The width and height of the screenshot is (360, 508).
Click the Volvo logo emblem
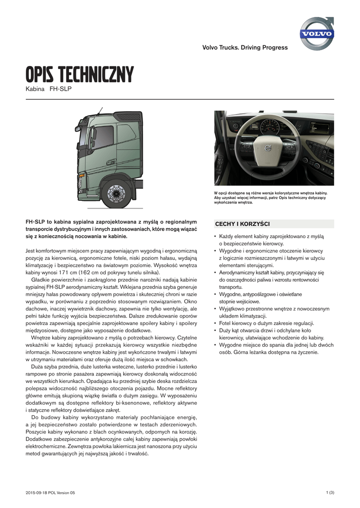317,33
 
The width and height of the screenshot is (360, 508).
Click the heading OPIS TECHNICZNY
79,75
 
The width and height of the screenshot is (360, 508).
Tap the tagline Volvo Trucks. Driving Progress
244,48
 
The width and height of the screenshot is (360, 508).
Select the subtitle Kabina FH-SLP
48,90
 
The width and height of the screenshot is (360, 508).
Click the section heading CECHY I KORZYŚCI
242,224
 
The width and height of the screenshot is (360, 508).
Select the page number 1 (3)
330,492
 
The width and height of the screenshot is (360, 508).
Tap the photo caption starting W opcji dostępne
271,198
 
